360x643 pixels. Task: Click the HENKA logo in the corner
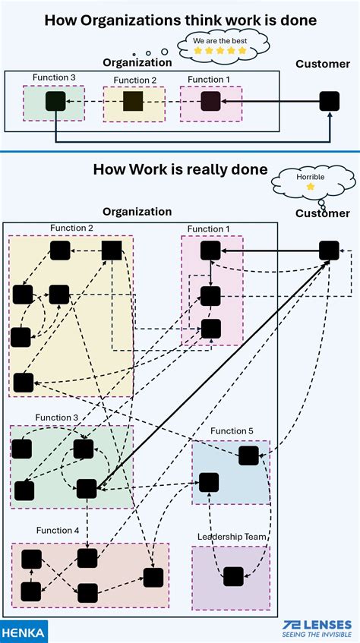coord(24,631)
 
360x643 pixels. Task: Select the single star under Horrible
coord(310,187)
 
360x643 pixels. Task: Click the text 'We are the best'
coord(220,39)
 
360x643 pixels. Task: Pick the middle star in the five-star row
coord(220,51)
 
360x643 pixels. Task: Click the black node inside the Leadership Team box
coord(233,576)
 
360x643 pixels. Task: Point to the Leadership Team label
coord(232,537)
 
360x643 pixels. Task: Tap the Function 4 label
coord(58,530)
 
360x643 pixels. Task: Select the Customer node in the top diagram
coord(329,100)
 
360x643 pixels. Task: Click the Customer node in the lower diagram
coord(329,250)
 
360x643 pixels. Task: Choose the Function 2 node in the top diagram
coord(133,101)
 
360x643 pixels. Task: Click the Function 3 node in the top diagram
coord(55,101)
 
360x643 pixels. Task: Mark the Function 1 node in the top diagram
coord(210,100)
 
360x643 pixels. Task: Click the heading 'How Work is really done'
coord(180,169)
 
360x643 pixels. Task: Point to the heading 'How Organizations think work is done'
coord(180,20)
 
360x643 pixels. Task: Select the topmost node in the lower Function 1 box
coord(210,250)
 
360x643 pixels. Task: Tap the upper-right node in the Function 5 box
coord(248,455)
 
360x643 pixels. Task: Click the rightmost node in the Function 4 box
coord(153,577)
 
